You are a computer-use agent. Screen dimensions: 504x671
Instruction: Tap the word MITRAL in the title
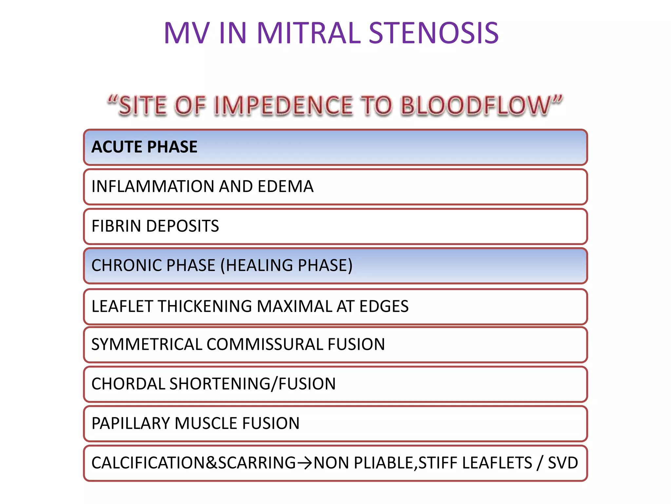(309, 33)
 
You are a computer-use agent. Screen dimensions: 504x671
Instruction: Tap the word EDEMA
(285, 186)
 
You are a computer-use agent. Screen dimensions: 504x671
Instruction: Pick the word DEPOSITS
(182, 226)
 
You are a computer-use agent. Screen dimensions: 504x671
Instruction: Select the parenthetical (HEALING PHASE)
(286, 265)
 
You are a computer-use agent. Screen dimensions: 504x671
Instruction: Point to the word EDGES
(384, 306)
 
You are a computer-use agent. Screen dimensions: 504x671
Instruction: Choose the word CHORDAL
(128, 384)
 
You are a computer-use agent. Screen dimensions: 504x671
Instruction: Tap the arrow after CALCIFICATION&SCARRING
(304, 463)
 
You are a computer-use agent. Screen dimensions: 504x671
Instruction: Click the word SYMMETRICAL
(147, 345)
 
